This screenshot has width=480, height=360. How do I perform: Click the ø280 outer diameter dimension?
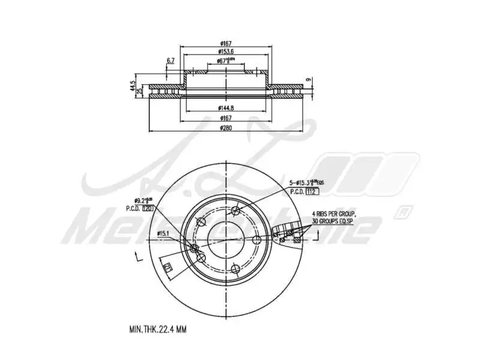[226, 128]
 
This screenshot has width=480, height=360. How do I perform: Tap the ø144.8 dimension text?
[226, 108]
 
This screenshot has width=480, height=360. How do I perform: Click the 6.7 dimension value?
[170, 61]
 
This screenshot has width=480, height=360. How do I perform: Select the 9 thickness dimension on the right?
[308, 79]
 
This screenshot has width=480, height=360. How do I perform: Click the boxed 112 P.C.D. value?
[311, 191]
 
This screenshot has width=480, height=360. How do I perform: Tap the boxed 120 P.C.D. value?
[148, 208]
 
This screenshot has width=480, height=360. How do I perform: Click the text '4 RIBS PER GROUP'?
[334, 214]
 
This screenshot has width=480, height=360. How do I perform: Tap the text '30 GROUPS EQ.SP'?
[334, 221]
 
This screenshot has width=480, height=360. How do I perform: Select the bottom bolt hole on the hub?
[202, 258]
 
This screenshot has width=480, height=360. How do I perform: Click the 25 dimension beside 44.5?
[140, 91]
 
